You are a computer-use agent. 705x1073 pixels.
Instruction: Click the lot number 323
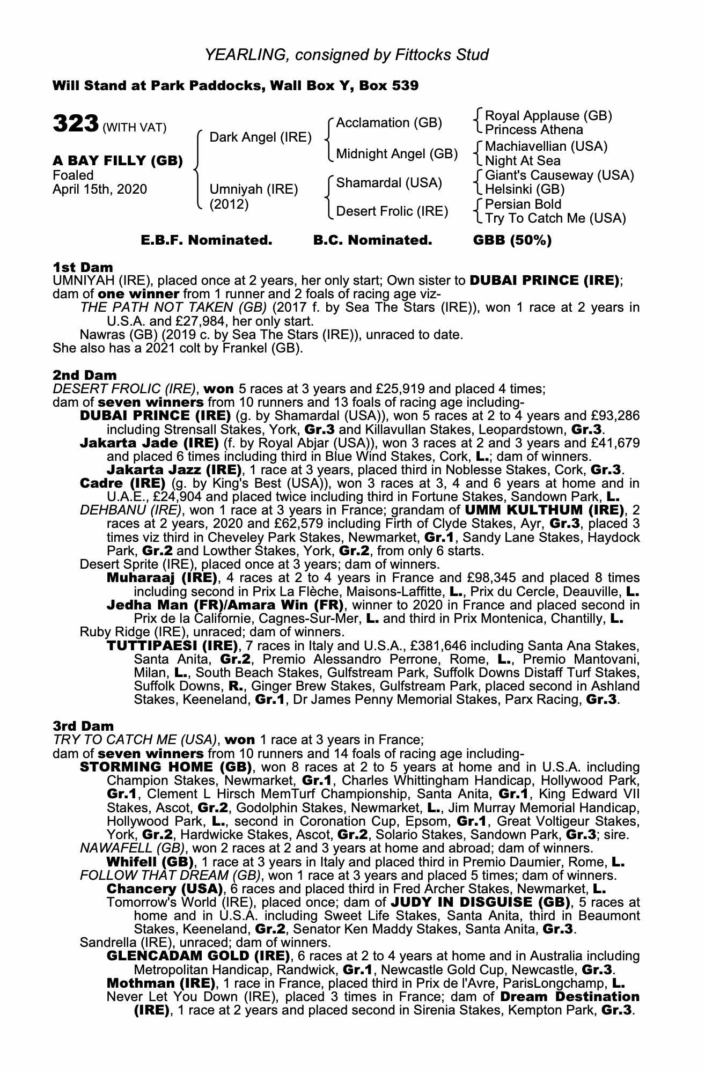click(75, 123)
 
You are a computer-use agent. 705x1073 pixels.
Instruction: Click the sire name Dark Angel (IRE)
click(260, 137)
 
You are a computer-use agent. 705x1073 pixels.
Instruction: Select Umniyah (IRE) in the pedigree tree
click(253, 189)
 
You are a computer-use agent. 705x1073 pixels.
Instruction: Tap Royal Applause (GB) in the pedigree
click(548, 116)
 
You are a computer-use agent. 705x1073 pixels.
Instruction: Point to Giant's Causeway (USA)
click(559, 175)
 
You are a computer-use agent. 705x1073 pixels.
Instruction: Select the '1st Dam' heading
click(83, 267)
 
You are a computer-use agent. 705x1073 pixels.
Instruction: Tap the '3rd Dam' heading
click(83, 726)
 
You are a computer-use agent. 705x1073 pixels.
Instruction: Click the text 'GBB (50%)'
click(512, 240)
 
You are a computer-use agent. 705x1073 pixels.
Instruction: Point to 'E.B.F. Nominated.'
click(207, 240)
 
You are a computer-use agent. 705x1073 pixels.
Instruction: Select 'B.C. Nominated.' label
click(372, 240)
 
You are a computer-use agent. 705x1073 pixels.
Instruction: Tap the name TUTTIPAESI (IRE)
click(172, 645)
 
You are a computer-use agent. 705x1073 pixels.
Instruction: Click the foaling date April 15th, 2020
click(99, 189)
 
